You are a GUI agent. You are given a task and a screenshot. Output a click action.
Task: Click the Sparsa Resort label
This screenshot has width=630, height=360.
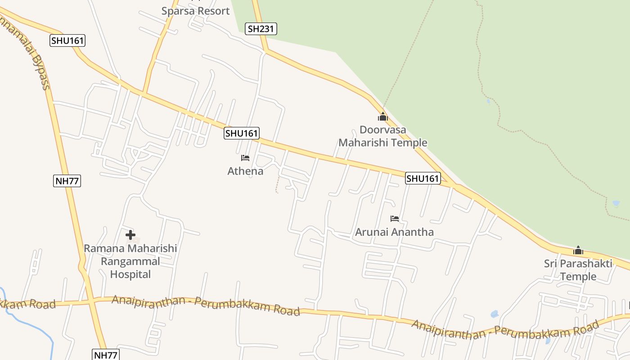(x=195, y=11)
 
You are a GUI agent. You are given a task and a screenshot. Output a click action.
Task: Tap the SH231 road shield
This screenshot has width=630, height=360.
(x=261, y=29)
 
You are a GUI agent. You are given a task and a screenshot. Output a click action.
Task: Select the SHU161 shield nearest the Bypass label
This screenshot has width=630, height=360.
(x=67, y=40)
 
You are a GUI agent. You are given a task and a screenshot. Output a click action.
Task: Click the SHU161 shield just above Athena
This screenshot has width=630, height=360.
(x=242, y=133)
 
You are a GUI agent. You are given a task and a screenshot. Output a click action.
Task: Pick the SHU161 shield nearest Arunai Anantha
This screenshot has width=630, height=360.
(x=423, y=178)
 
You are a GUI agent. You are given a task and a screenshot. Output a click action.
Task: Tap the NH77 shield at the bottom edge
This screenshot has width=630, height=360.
(x=106, y=355)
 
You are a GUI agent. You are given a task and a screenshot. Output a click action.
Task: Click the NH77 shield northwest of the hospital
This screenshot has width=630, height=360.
(x=67, y=181)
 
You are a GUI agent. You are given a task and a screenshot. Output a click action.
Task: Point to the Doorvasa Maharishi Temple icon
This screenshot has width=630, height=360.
(x=383, y=117)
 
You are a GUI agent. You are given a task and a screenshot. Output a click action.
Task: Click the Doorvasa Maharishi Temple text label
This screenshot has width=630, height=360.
(x=382, y=136)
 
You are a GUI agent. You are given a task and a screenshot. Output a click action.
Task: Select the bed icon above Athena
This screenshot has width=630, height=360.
(x=245, y=158)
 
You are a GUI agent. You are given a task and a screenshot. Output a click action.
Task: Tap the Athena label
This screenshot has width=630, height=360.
(x=245, y=171)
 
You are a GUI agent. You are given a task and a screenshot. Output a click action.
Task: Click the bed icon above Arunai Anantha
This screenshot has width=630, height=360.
(x=395, y=219)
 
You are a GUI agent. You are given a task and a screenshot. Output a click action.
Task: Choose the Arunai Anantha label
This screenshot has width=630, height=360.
(x=394, y=232)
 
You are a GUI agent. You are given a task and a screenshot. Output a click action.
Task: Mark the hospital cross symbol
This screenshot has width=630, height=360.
(x=130, y=235)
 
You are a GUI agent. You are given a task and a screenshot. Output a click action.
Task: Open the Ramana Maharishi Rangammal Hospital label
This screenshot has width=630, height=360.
(x=130, y=261)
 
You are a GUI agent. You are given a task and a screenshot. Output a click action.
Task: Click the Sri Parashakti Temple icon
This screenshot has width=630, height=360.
(x=578, y=250)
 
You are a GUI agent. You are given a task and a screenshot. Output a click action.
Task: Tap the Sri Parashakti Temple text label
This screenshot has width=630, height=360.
(x=578, y=270)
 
